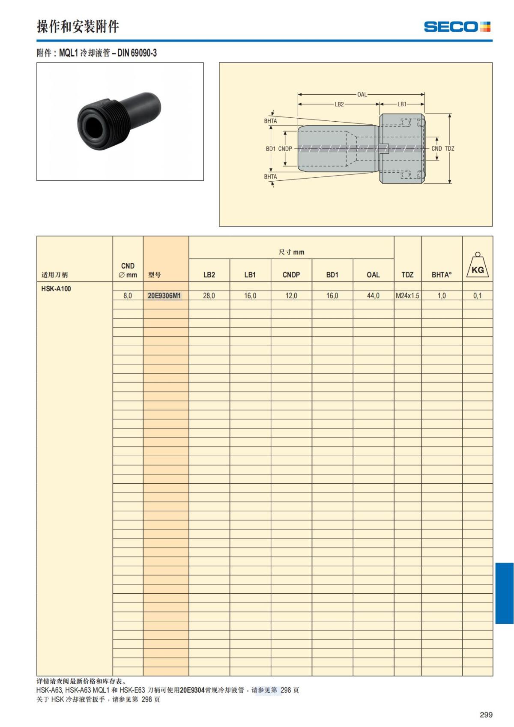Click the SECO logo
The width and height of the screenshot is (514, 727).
457,27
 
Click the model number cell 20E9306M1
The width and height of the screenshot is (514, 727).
164,296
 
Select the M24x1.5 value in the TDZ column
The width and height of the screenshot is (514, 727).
407,296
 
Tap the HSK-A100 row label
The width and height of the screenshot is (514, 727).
56,289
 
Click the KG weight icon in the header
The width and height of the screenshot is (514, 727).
478,266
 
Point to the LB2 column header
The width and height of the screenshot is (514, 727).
209,275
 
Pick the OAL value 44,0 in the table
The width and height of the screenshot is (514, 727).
373,296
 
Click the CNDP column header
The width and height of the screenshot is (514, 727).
291,275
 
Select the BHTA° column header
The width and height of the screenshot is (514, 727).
442,275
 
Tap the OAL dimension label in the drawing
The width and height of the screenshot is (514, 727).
362,94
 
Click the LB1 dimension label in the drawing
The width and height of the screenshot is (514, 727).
402,104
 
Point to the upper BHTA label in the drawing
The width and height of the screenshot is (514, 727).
270,121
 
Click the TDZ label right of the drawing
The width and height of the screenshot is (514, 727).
449,149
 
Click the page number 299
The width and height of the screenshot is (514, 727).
486,715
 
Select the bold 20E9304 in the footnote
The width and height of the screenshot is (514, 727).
192,690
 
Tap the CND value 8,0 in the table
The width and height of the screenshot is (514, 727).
128,296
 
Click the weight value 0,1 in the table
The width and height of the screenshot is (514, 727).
477,296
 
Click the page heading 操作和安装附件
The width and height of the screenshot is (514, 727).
78,27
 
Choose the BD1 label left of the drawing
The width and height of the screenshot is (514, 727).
270,149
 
